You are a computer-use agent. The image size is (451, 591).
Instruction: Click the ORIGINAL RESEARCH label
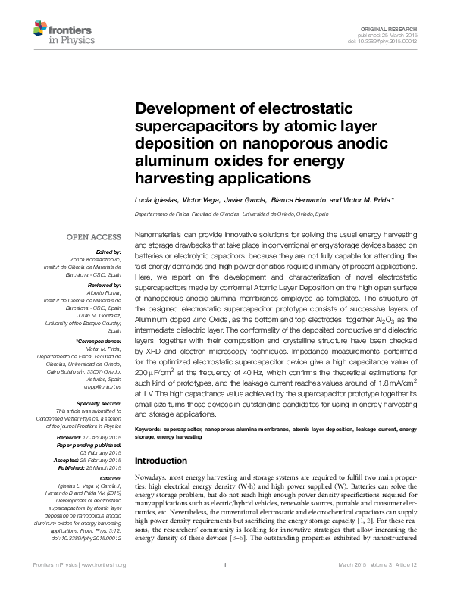tap(397, 27)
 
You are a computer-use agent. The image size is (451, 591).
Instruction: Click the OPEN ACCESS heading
tap(93, 236)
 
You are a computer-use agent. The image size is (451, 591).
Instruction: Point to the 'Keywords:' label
tap(147, 429)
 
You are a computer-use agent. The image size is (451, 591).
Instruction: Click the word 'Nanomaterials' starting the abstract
tap(156, 237)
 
